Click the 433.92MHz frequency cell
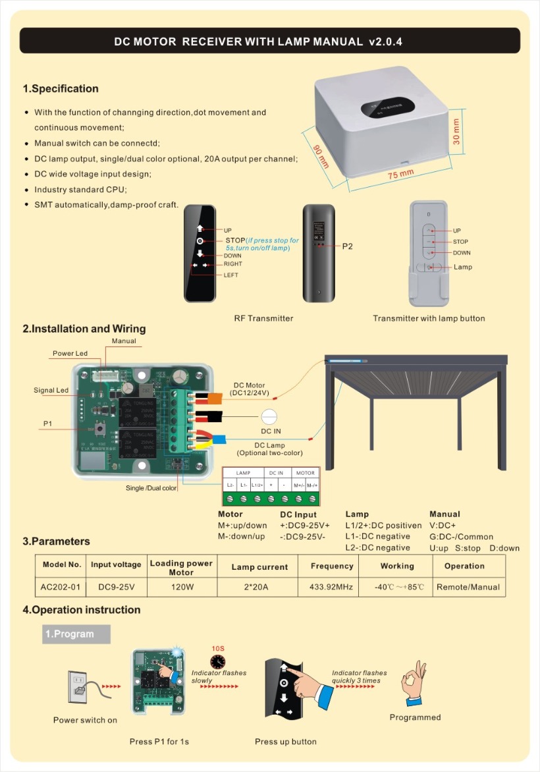click(x=332, y=587)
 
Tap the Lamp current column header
click(x=259, y=566)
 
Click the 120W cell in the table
click(x=181, y=587)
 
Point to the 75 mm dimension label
click(x=400, y=175)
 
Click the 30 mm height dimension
click(x=456, y=132)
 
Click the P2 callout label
click(x=348, y=246)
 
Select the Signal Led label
click(x=51, y=391)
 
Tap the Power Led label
click(x=70, y=354)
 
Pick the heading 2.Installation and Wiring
click(x=84, y=329)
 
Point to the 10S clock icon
click(x=217, y=661)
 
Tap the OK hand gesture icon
click(x=415, y=685)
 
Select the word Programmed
click(x=415, y=717)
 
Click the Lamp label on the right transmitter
click(x=463, y=267)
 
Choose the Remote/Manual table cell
click(x=468, y=587)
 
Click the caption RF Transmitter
click(x=263, y=318)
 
